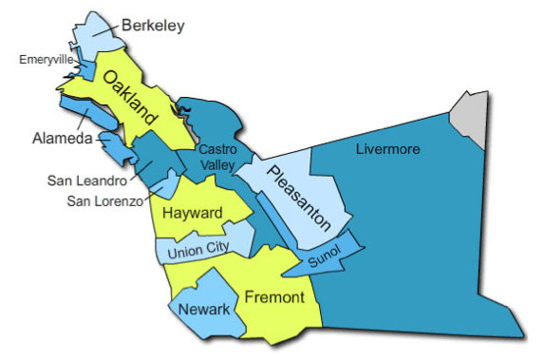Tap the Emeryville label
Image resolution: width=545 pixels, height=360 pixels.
[x=47, y=60]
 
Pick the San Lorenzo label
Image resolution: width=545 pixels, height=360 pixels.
[x=104, y=200]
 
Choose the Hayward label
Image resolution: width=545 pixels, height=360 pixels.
[x=192, y=213]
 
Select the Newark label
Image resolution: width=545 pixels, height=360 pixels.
[x=204, y=310]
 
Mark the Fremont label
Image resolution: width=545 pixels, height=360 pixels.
[x=274, y=298]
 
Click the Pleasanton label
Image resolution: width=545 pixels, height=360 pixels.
[x=298, y=198]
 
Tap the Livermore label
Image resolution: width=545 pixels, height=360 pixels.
[x=387, y=149]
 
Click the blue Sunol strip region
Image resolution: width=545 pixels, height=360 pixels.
[x=347, y=249]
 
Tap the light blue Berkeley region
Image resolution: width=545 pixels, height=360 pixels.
[x=95, y=33]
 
